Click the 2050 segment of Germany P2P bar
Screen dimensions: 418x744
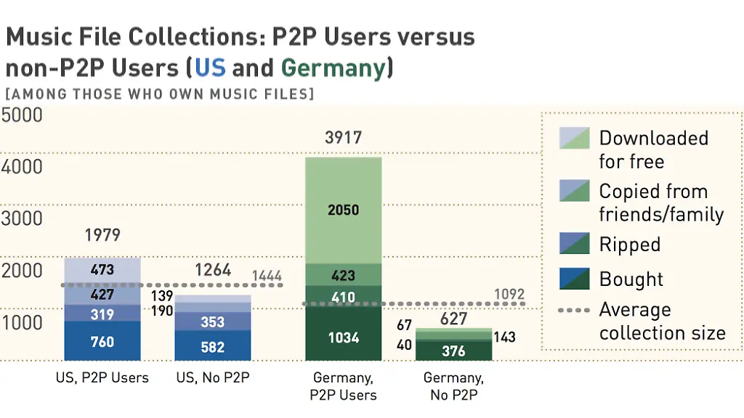click(x=343, y=210)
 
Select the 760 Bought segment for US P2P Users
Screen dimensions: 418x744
click(x=102, y=341)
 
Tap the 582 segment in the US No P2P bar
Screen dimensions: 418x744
click(x=212, y=346)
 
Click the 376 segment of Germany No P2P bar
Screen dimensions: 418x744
click(x=453, y=351)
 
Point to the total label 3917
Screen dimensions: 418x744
click(x=343, y=137)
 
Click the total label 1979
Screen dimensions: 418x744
click(x=102, y=235)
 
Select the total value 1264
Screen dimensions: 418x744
click(x=212, y=271)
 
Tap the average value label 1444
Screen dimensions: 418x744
click(x=267, y=276)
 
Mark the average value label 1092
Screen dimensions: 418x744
click(x=509, y=295)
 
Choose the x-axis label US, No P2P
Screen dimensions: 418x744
click(x=212, y=378)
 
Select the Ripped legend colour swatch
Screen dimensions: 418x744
click(x=574, y=244)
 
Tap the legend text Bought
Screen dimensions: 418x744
click(x=631, y=279)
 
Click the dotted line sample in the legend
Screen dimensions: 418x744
click(x=574, y=311)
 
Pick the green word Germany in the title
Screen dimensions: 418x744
click(x=333, y=68)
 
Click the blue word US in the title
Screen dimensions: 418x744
click(x=210, y=68)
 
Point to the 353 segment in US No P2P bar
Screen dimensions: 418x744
click(x=212, y=321)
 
